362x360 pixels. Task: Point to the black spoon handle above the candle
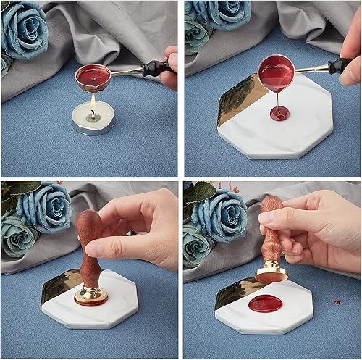point(156,67)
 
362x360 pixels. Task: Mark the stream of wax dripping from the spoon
point(277,98)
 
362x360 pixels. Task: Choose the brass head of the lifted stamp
point(271,272)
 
